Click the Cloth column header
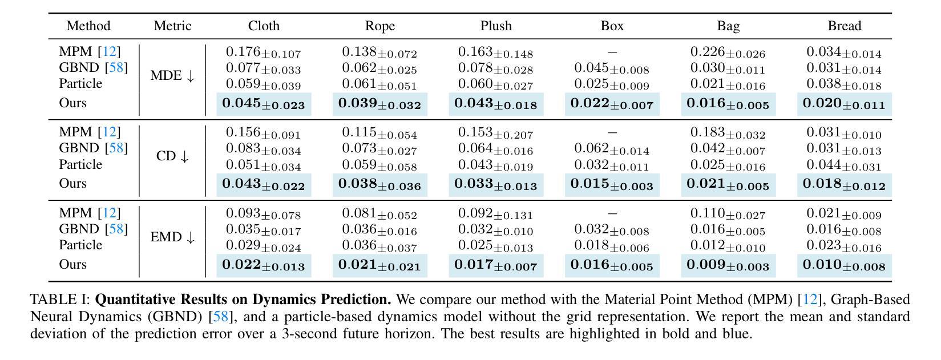264,26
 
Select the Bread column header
844,26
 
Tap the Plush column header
496,26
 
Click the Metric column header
172,26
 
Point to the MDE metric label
172,76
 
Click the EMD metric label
172,237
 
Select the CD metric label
172,156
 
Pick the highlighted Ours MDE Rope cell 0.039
379,104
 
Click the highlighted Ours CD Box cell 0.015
612,185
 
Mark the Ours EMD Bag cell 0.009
728,265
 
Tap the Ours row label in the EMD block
72,264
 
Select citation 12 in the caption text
810,300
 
